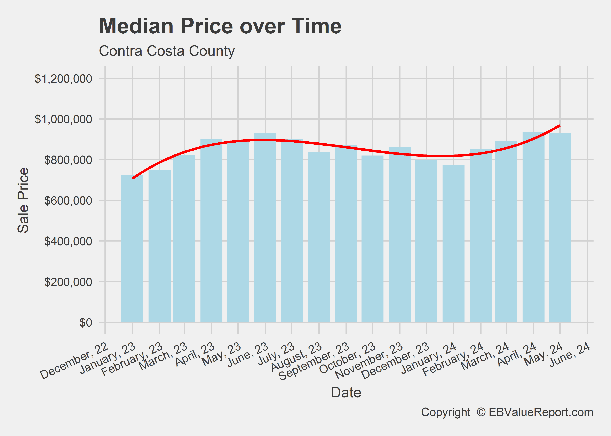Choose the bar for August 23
[319, 236]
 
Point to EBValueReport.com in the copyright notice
[541, 412]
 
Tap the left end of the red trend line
[133, 178]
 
